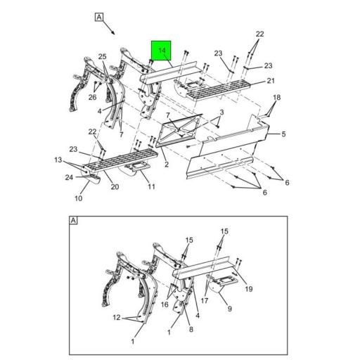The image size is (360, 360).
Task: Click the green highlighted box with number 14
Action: click(x=161, y=51)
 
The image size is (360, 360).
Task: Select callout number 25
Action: click(x=102, y=56)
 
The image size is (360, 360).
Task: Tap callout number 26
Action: click(x=92, y=97)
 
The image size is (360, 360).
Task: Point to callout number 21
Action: click(x=271, y=81)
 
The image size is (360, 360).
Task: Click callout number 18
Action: click(x=277, y=98)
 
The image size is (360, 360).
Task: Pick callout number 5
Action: click(x=283, y=134)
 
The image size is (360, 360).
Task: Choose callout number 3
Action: click(x=221, y=112)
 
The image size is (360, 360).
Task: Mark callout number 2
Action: click(x=167, y=165)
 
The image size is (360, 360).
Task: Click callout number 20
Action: click(x=115, y=186)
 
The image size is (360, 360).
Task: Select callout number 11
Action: click(x=151, y=186)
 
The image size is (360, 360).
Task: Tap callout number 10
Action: click(x=79, y=198)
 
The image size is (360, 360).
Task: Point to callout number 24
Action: click(x=69, y=177)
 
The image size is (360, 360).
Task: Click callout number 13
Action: click(x=58, y=160)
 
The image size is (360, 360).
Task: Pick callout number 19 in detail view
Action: click(x=249, y=289)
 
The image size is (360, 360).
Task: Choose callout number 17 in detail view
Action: click(x=205, y=300)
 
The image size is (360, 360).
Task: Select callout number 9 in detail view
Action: click(x=230, y=309)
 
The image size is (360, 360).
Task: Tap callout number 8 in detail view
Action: click(x=191, y=329)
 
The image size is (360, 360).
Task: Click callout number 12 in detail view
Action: click(x=117, y=317)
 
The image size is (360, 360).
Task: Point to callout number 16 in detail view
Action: click(x=165, y=304)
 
